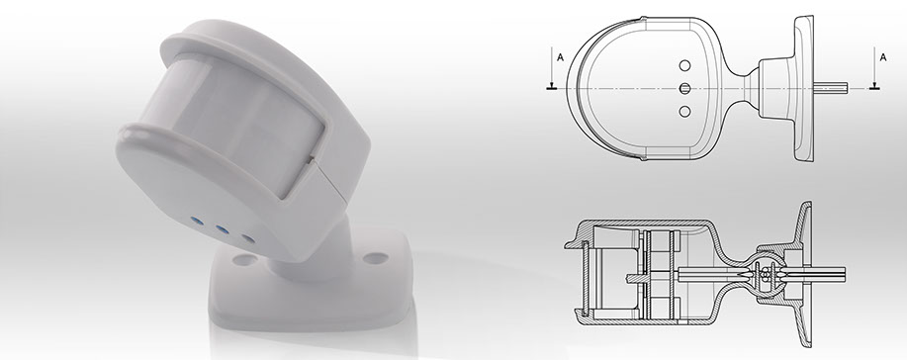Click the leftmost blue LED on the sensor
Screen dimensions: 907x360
point(197,221)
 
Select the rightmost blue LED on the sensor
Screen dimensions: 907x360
point(247,238)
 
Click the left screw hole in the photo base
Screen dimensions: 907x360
point(244,260)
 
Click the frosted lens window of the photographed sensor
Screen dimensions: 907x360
point(231,122)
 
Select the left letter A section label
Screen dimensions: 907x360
point(560,57)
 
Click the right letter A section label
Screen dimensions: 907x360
point(882,57)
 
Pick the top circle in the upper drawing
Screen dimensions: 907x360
point(684,65)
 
